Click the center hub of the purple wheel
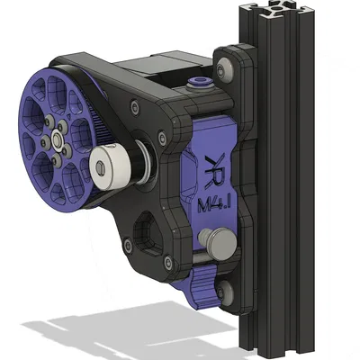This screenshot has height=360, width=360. [58, 140]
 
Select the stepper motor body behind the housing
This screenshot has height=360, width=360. [162, 67]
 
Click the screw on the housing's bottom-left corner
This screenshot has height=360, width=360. [167, 263]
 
